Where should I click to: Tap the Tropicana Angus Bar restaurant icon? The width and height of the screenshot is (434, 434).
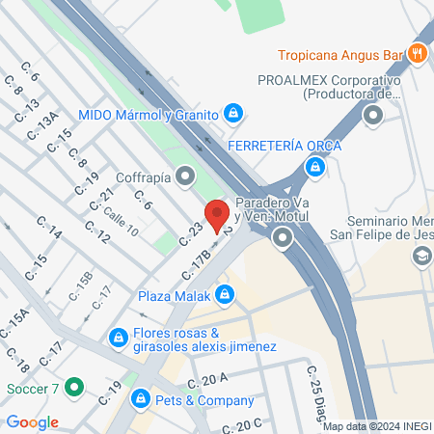pyautogui.click(x=418, y=53)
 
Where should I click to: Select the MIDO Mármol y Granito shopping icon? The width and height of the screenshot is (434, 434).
pyautogui.click(x=232, y=113)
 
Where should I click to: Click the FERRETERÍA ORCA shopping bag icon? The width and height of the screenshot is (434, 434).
pyautogui.click(x=313, y=168)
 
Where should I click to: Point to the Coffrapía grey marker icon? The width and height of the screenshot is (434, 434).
pyautogui.click(x=185, y=176)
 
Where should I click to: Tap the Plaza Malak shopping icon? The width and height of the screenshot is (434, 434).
pyautogui.click(x=225, y=294)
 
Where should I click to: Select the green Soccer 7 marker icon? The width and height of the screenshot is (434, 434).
pyautogui.click(x=73, y=391)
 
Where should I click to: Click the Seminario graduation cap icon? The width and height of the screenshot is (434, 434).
pyautogui.click(x=420, y=257)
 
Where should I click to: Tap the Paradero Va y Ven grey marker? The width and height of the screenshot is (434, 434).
pyautogui.click(x=283, y=237)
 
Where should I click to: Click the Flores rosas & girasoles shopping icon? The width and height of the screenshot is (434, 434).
pyautogui.click(x=119, y=339)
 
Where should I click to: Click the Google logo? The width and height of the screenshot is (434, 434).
pyautogui.click(x=32, y=422)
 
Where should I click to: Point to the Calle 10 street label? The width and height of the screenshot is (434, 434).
pyautogui.click(x=121, y=215)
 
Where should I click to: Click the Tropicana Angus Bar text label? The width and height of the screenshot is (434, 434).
pyautogui.click(x=340, y=54)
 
